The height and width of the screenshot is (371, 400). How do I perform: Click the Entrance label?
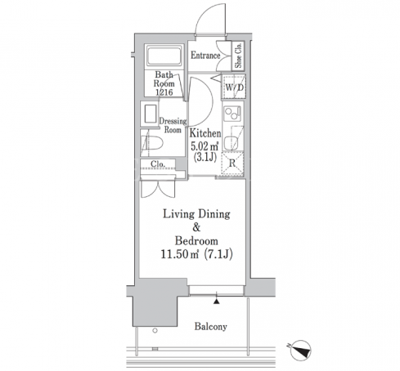tap(205, 56)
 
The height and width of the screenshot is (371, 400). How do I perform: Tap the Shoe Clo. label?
tap(238, 56)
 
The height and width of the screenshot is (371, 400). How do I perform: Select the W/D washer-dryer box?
tap(234, 87)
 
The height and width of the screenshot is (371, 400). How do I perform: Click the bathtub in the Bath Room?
tap(164, 56)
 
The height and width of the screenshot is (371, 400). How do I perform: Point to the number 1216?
tap(164, 92)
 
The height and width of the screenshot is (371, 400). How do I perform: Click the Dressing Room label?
tap(173, 125)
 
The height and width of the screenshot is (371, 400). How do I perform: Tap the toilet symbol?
tap(151, 143)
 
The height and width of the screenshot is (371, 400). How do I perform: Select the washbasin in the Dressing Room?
tap(150, 114)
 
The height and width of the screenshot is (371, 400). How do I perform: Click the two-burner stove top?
tap(232, 113)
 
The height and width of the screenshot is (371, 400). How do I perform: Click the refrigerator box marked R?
tap(232, 163)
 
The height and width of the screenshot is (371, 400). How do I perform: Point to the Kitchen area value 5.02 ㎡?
tap(204, 146)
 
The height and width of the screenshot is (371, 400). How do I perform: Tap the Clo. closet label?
tap(158, 164)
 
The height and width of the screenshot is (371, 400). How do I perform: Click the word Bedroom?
tap(196, 241)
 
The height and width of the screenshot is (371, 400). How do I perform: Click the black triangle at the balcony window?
tap(217, 301)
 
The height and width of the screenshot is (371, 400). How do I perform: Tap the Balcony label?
tap(210, 326)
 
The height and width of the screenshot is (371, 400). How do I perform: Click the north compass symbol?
tap(300, 350)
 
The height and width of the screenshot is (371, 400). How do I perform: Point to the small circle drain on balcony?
tap(155, 330)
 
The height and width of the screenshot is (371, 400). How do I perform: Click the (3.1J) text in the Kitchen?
tap(205, 157)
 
